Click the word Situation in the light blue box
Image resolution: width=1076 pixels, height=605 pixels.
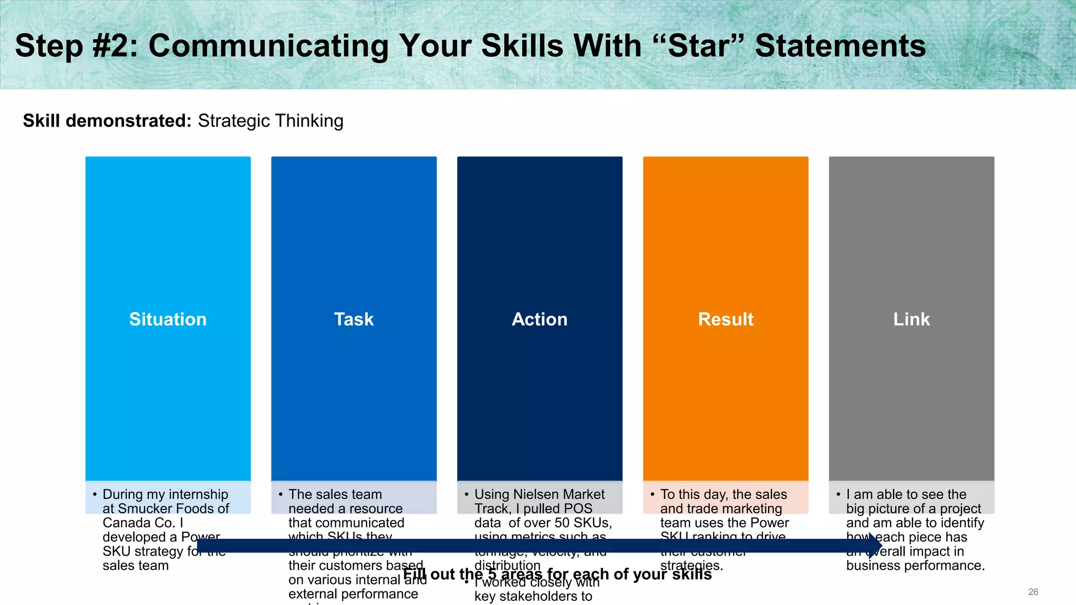(168, 319)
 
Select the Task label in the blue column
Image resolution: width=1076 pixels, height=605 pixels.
(354, 319)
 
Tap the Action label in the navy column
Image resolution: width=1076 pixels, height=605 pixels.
(540, 319)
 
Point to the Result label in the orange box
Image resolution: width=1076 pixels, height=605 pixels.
(726, 319)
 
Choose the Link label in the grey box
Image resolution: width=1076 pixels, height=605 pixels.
(912, 319)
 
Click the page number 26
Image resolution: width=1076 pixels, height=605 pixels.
(1033, 592)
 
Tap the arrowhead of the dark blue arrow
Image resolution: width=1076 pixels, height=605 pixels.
(875, 545)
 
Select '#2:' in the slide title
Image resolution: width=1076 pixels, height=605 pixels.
(115, 46)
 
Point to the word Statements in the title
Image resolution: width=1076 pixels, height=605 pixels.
(840, 46)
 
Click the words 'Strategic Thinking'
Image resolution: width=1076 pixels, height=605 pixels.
(271, 121)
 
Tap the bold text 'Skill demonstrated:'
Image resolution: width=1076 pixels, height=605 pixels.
(107, 121)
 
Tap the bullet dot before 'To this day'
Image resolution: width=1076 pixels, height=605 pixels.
(652, 494)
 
